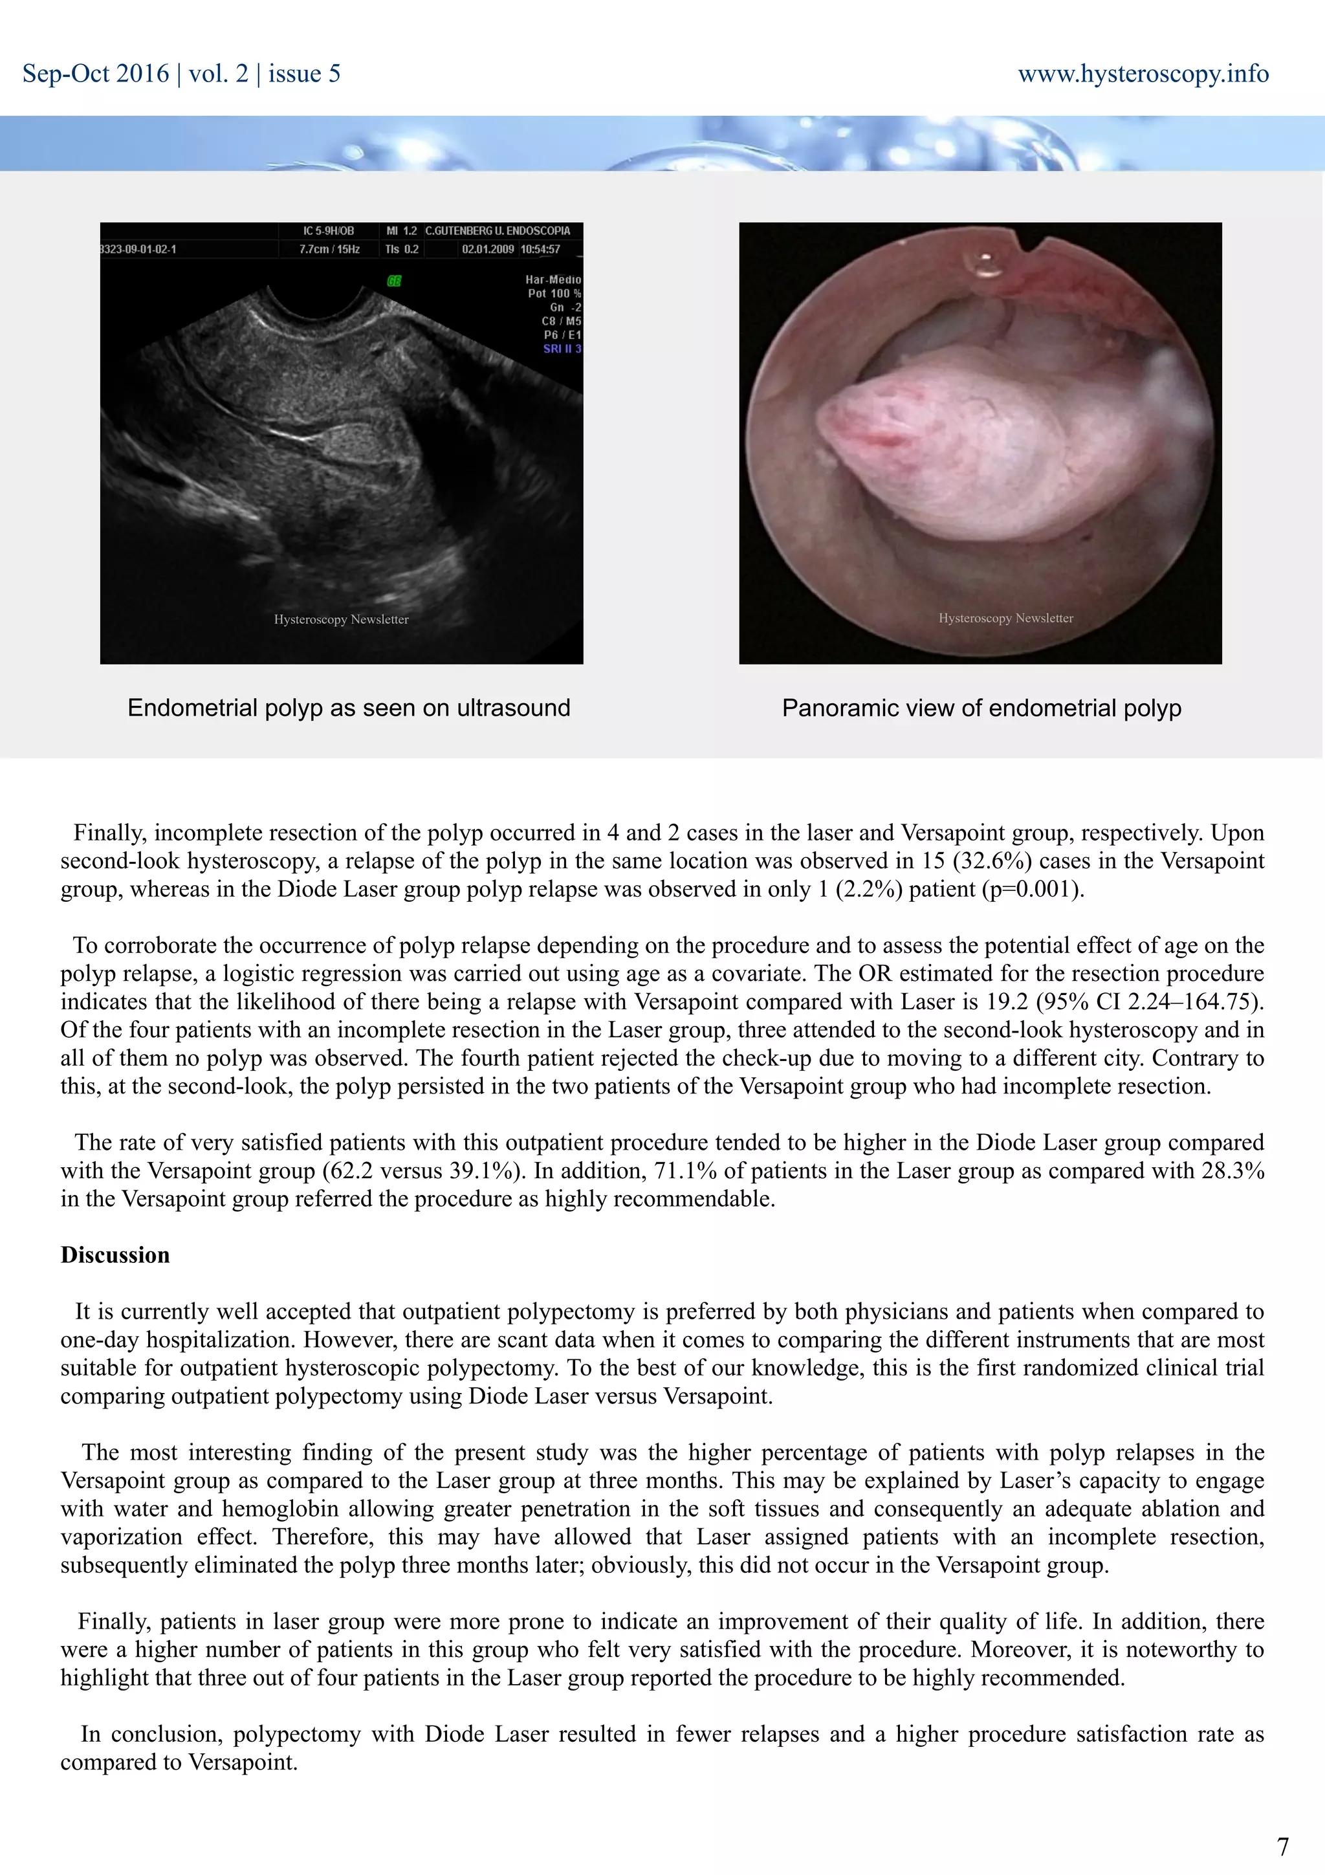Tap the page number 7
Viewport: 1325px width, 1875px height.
click(1282, 1846)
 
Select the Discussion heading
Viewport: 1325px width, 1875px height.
click(115, 1255)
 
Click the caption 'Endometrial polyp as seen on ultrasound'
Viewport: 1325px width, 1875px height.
click(349, 707)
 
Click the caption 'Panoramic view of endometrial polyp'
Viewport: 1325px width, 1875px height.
click(981, 707)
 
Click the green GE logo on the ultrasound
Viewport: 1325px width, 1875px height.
click(394, 281)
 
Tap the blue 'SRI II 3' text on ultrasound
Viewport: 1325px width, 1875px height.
click(562, 349)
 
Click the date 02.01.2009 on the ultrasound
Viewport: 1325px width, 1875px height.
click(487, 249)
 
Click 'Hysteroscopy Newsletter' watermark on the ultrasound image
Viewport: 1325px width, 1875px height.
click(341, 619)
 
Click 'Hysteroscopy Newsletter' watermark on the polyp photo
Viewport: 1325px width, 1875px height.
click(1006, 618)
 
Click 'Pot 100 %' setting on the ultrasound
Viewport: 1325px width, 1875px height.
click(554, 293)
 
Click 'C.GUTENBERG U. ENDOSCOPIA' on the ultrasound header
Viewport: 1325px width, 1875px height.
click(497, 230)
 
